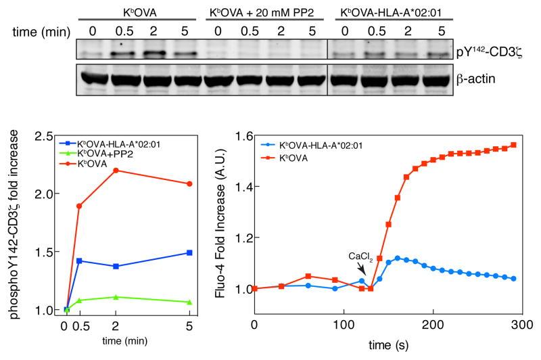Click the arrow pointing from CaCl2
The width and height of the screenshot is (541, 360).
pos(364,271)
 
